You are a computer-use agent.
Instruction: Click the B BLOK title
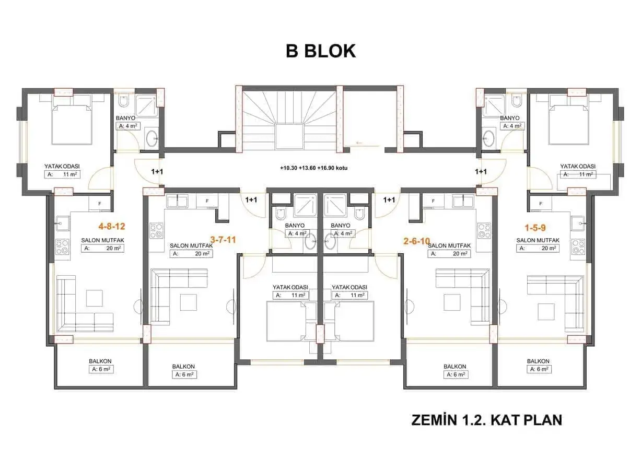tap(321, 51)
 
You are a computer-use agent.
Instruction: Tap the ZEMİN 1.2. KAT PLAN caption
tap(486, 420)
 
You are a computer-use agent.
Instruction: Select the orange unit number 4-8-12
tap(112, 227)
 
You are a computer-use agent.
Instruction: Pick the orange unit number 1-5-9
tap(535, 228)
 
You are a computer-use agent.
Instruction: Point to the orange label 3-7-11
tap(223, 240)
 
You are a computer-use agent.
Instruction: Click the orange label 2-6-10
tap(417, 241)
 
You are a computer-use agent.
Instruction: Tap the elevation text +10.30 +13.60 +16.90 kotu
tap(313, 168)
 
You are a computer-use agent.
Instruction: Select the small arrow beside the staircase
tap(359, 142)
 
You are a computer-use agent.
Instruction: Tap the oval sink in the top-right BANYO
tap(488, 138)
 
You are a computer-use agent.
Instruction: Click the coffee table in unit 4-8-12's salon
tap(95, 298)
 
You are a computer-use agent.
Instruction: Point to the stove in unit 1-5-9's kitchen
tap(578, 247)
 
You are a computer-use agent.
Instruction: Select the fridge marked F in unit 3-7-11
tap(207, 201)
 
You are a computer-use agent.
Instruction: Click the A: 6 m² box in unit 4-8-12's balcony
tap(101, 369)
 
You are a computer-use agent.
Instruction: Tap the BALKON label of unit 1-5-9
tap(538, 361)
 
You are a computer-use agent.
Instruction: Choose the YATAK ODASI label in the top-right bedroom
tap(578, 166)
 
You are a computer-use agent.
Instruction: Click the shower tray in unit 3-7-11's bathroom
tap(306, 205)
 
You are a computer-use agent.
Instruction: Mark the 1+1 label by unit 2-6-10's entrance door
tap(389, 199)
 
